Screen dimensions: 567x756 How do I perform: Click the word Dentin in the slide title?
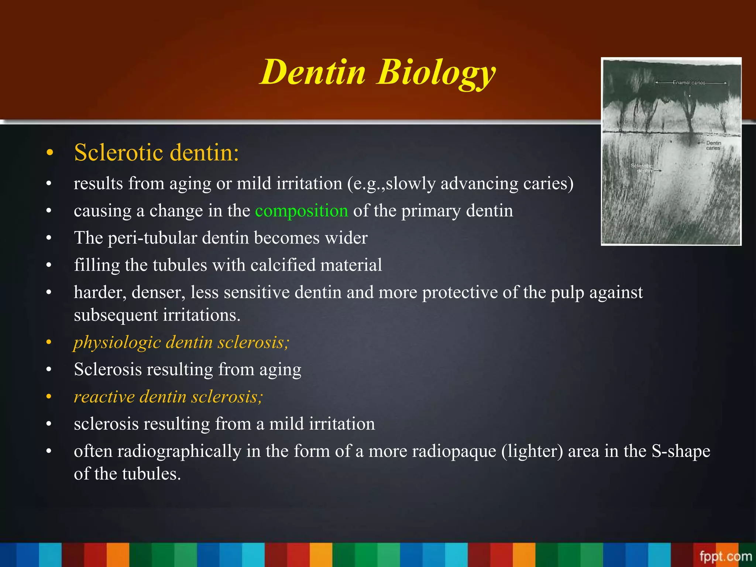pyautogui.click(x=313, y=72)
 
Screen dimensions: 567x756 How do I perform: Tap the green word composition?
pyautogui.click(x=301, y=211)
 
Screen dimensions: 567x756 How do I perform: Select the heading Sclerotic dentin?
pyautogui.click(x=157, y=152)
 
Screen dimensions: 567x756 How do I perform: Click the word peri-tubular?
pyautogui.click(x=152, y=238)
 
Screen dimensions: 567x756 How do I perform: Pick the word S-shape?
pyautogui.click(x=681, y=451)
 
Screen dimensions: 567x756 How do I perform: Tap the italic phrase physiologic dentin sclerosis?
pyautogui.click(x=181, y=342)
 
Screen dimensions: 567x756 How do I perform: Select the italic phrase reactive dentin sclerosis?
pyautogui.click(x=168, y=397)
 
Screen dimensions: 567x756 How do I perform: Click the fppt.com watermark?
pyautogui.click(x=725, y=556)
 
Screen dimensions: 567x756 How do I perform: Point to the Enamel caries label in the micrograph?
pyautogui.click(x=689, y=83)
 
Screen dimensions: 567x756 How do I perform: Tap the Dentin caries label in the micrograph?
pyautogui.click(x=713, y=145)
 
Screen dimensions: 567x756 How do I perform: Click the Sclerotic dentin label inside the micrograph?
pyautogui.click(x=642, y=168)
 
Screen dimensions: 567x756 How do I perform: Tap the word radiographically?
pyautogui.click(x=179, y=451)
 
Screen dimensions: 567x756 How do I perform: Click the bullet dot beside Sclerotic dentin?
pyautogui.click(x=50, y=153)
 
